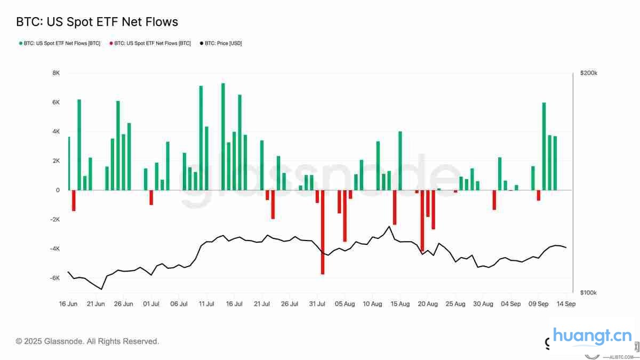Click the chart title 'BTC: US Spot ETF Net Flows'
[x=97, y=22]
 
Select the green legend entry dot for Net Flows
[x=21, y=43]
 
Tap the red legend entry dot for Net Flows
[x=111, y=43]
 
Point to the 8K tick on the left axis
[x=56, y=73]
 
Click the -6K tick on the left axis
[x=55, y=278]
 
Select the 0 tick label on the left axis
[x=58, y=190]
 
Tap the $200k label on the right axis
[x=589, y=73]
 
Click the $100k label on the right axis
[x=589, y=293]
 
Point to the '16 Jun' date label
[x=68, y=304]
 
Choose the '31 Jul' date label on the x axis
[x=317, y=304]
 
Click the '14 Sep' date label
[x=566, y=304]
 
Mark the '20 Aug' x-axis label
[x=428, y=304]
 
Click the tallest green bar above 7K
[x=223, y=137]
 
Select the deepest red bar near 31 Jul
[x=323, y=232]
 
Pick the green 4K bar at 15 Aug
[x=400, y=161]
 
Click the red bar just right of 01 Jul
[x=151, y=197]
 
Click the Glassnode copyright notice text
[x=87, y=341]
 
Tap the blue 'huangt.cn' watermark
[x=593, y=337]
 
